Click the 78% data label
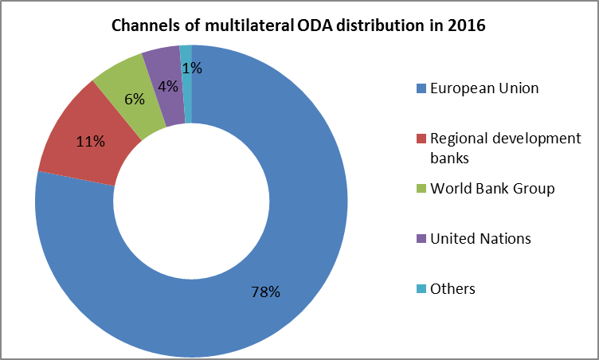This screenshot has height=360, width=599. coord(265,292)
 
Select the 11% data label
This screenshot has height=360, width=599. coord(90,142)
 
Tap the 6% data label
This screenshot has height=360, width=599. coord(134,99)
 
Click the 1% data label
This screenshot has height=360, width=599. coord(192,68)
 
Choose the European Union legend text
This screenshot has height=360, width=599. coord(484,88)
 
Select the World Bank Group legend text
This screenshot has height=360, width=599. coord(492,189)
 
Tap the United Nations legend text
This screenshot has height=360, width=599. coord(480,238)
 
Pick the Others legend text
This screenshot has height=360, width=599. coord(452,288)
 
